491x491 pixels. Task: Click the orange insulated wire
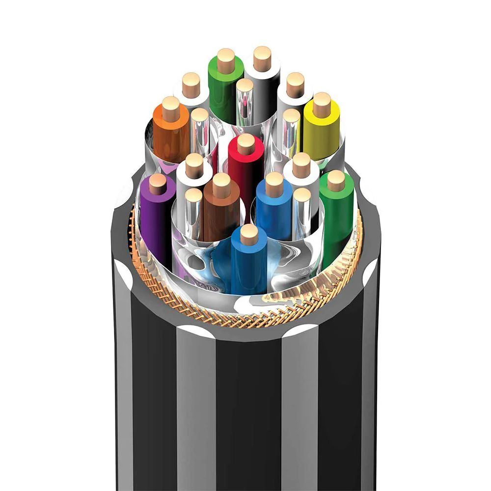169,133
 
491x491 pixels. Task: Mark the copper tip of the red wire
246,143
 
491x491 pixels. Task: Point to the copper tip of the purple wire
158,184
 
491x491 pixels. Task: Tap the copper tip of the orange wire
171,108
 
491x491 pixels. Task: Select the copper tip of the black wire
263,58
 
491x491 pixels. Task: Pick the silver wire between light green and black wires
245,103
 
